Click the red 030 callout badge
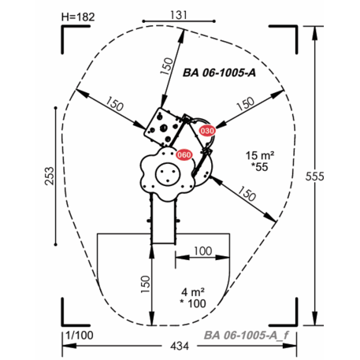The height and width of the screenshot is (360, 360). pos(207,131)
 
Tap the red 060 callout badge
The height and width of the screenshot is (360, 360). pos(184,155)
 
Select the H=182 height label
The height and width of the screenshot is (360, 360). pos(78,17)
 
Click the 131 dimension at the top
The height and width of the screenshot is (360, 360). pos(179,15)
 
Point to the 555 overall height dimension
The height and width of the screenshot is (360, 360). pos(314,176)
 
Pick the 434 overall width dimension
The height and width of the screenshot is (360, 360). pos(180,346)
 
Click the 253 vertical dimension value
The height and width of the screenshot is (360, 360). pos(50,176)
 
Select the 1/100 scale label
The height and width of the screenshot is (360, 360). pos(80,336)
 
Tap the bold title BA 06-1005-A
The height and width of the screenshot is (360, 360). pos(219,72)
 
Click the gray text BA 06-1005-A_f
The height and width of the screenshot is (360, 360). pos(247,336)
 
